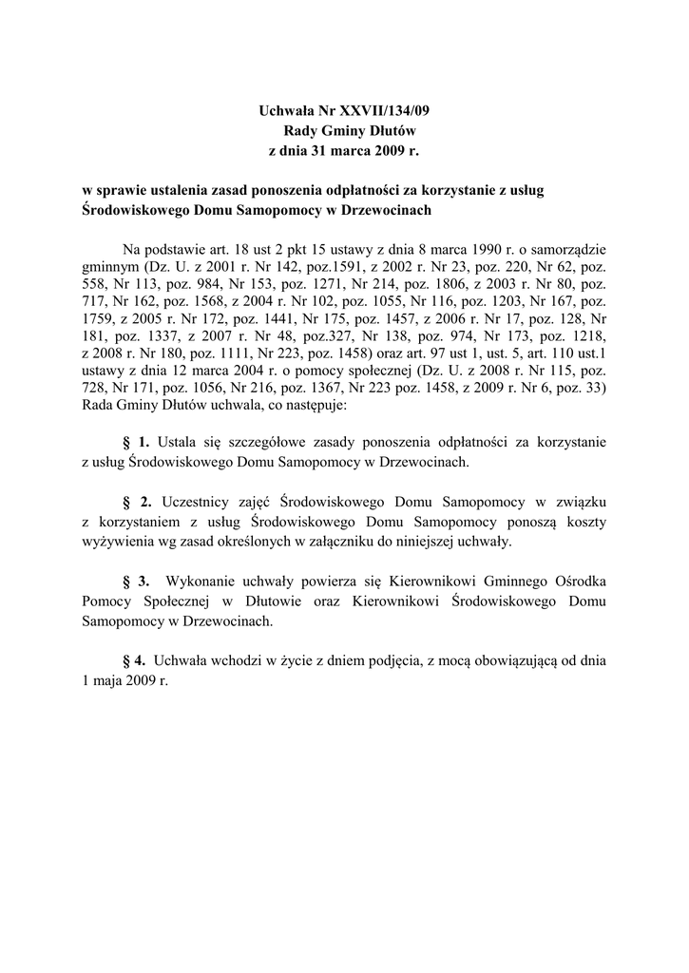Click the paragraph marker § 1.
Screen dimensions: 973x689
pyautogui.click(x=137, y=442)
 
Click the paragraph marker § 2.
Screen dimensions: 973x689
pyautogui.click(x=137, y=502)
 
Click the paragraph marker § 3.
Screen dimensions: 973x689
pyautogui.click(x=137, y=582)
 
